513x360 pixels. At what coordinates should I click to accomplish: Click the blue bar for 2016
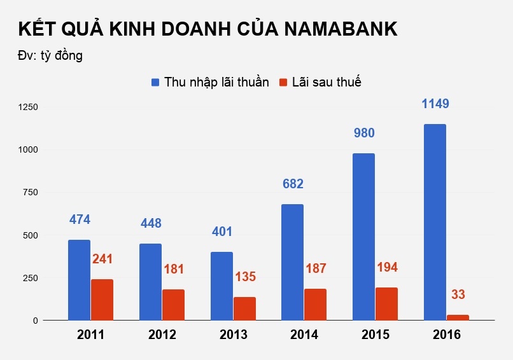435,222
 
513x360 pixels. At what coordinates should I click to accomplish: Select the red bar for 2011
102,300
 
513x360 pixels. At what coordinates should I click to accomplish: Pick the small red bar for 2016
458,317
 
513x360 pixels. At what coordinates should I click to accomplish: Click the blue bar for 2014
293,262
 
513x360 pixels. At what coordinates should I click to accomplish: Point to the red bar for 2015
386,304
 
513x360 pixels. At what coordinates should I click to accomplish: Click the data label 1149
440,103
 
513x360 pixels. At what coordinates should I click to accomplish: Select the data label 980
364,133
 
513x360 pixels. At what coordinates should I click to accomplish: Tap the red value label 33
458,294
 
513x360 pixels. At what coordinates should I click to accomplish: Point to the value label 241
102,259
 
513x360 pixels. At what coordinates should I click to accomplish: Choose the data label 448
150,223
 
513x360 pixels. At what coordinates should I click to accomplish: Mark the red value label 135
245,277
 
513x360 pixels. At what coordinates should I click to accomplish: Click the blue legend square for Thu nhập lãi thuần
155,82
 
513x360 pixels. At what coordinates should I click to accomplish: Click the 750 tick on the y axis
31,192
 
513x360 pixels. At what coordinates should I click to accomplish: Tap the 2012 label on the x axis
162,335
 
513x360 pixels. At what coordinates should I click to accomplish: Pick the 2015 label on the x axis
375,335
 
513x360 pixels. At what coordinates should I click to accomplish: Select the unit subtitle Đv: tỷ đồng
50,55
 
